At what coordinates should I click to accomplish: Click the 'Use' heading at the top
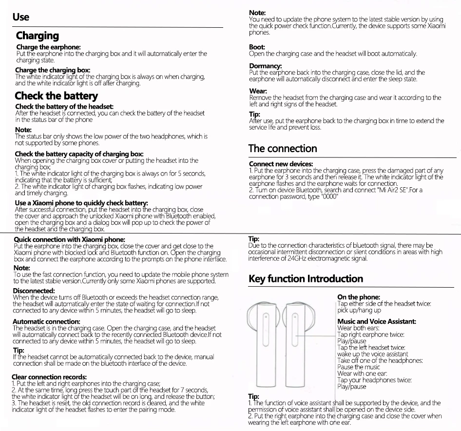pyautogui.click(x=21, y=17)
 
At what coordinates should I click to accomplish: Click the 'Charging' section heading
pyautogui.click(x=38, y=36)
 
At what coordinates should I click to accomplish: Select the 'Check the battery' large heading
pyautogui.click(x=57, y=96)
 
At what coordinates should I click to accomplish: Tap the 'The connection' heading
pyautogui.click(x=282, y=148)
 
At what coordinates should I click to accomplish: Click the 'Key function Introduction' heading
pyautogui.click(x=306, y=279)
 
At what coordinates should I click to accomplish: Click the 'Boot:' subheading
pyautogui.click(x=257, y=47)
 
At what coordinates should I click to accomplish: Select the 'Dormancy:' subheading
pyautogui.click(x=263, y=66)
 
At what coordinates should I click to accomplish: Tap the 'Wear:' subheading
pyautogui.click(x=258, y=91)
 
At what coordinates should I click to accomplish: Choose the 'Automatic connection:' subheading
pyautogui.click(x=46, y=322)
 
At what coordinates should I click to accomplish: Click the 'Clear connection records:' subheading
pyautogui.click(x=49, y=377)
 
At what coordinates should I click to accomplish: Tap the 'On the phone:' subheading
pyautogui.click(x=358, y=297)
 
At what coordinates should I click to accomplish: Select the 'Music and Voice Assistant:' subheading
pyautogui.click(x=376, y=321)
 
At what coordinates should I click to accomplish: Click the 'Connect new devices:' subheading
pyautogui.click(x=281, y=164)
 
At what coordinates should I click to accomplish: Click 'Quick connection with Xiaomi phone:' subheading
pyautogui.click(x=70, y=239)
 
